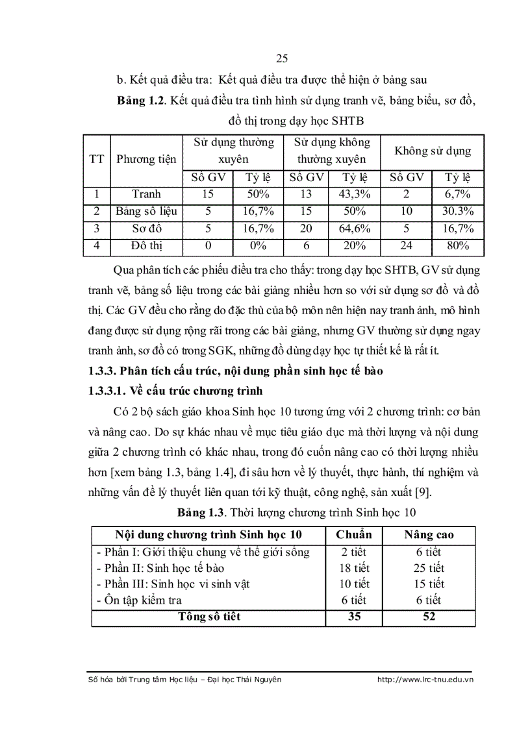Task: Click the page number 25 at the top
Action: pos(281,59)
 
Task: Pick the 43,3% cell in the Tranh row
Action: pos(355,194)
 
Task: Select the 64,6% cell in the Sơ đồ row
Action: pos(355,229)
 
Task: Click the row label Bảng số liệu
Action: pos(146,212)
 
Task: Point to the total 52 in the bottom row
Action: pos(429,617)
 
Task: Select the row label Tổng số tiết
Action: pos(209,617)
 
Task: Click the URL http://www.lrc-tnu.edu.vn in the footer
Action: pos(425,679)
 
